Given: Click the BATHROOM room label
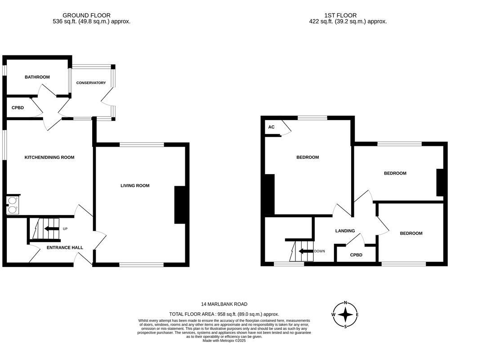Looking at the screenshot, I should (37, 77).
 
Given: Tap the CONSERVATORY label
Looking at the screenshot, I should (91, 83).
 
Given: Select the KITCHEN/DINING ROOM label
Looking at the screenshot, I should (49, 157).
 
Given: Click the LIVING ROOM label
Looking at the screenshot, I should (135, 185).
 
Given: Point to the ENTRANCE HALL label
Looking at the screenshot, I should (65, 247).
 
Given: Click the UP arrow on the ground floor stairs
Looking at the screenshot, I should (52, 229).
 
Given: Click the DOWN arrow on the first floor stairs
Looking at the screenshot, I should (306, 251).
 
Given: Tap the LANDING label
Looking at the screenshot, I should (345, 231).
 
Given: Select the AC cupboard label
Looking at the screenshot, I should (271, 127).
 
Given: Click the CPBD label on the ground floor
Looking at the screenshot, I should (18, 108).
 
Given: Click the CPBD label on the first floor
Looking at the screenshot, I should (356, 255).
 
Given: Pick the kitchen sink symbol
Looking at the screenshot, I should (13, 205).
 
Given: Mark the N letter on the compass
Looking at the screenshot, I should (345, 302).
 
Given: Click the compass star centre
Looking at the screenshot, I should (345, 315).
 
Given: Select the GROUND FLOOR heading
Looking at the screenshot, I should (86, 15).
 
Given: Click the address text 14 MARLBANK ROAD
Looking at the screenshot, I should (224, 304).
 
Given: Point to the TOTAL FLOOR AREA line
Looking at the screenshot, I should (224, 314).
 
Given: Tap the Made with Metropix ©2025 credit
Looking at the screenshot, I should (224, 341).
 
